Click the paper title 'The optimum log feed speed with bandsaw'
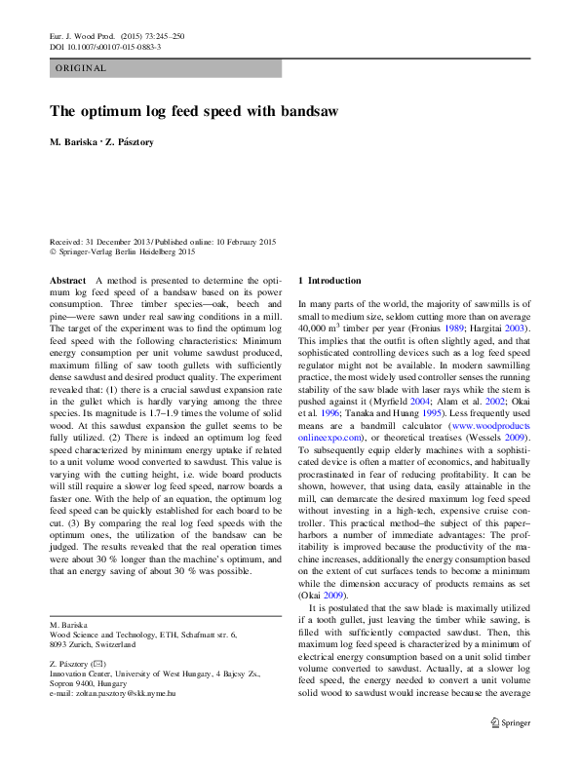[x=194, y=111]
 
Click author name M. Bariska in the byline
[x=75, y=142]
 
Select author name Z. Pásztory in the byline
[x=130, y=142]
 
